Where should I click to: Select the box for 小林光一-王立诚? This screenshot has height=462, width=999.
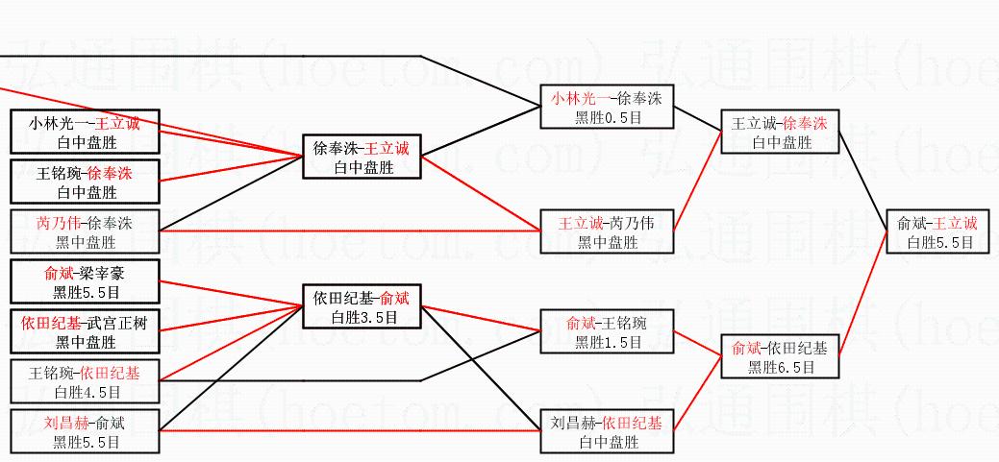(85, 132)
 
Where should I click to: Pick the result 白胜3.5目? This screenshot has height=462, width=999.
(362, 316)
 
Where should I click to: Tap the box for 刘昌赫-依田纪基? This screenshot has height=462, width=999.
(607, 431)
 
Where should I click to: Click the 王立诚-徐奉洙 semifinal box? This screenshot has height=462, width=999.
(780, 133)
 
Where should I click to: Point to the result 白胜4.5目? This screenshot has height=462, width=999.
(85, 391)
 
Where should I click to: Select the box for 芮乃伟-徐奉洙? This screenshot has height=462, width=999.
(85, 232)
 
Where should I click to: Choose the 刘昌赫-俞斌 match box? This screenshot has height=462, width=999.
(85, 431)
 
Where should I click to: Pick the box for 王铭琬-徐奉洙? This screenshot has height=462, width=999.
(85, 182)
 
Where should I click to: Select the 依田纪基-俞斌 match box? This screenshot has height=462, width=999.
(362, 306)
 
